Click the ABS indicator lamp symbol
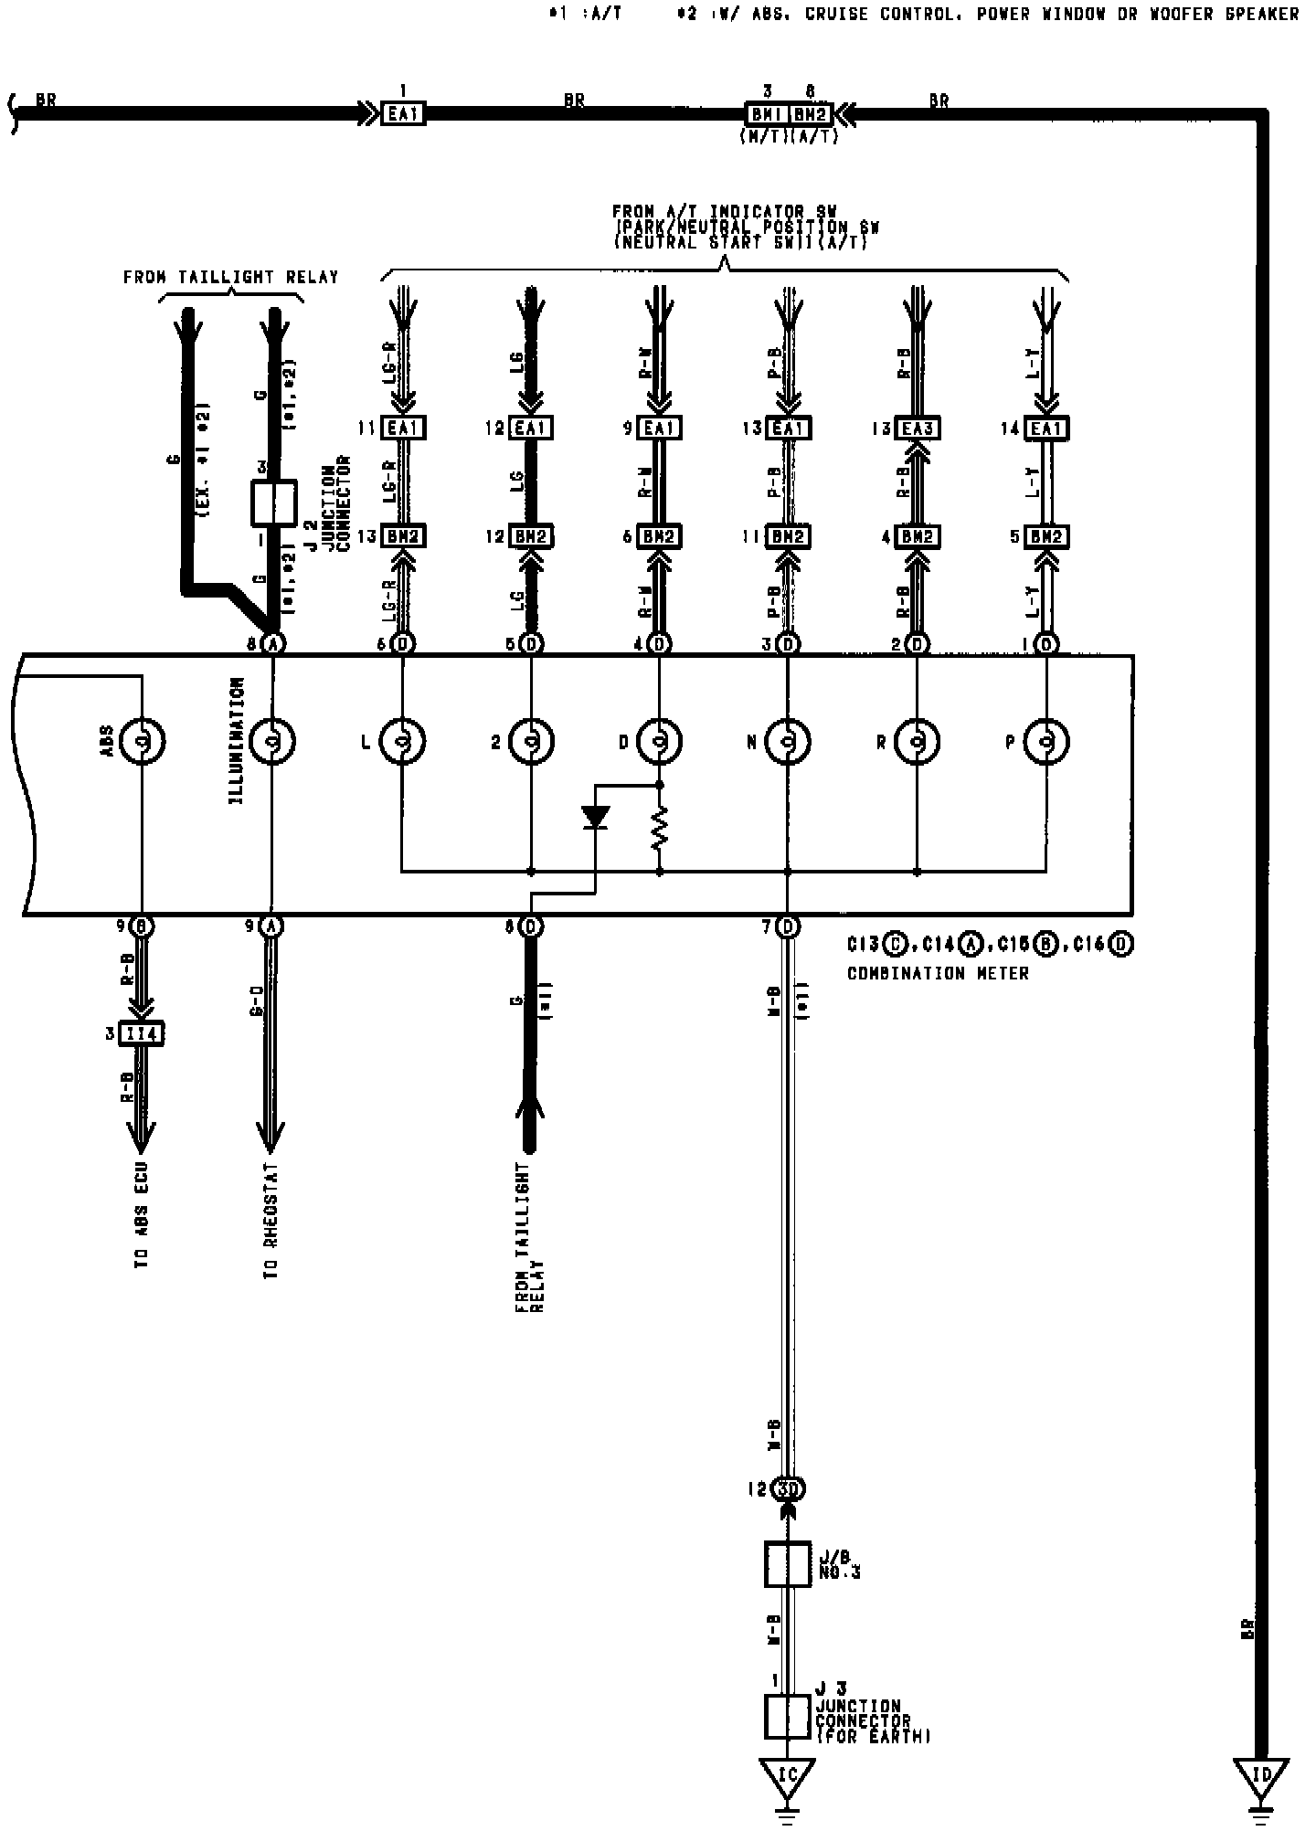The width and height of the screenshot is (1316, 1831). click(143, 741)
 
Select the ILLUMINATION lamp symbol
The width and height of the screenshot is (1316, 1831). click(272, 741)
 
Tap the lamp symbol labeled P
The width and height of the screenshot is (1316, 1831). click(1045, 741)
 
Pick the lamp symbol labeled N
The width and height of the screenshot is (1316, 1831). click(788, 741)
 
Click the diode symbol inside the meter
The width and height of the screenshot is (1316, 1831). click(595, 816)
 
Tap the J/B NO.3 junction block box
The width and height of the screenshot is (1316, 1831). click(787, 1563)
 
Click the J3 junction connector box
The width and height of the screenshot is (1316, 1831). click(787, 1716)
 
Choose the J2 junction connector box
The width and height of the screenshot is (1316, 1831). click(273, 503)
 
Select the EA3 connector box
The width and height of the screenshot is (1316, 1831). click(917, 429)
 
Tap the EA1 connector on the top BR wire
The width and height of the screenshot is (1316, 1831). click(403, 114)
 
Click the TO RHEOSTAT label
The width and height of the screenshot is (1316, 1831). click(272, 1222)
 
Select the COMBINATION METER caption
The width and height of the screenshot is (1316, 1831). click(938, 974)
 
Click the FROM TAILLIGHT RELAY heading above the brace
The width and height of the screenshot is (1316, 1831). click(230, 277)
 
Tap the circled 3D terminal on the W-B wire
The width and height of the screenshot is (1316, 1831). click(788, 1488)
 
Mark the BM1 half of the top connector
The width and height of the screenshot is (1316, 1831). click(766, 115)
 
